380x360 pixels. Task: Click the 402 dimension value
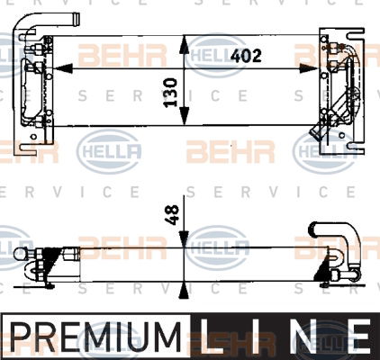pos(246,56)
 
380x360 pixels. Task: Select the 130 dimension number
pos(170,93)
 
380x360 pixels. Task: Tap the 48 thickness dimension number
pos(172,215)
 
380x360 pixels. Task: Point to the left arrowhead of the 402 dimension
pos(63,69)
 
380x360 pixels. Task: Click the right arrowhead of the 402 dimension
pos(309,69)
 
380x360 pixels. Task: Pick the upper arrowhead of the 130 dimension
pos(185,45)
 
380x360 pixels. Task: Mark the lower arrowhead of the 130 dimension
pos(185,115)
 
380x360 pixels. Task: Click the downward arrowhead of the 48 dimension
pos(184,239)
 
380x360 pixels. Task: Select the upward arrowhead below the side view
pos(184,290)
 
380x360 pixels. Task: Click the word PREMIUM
pos(95,336)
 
